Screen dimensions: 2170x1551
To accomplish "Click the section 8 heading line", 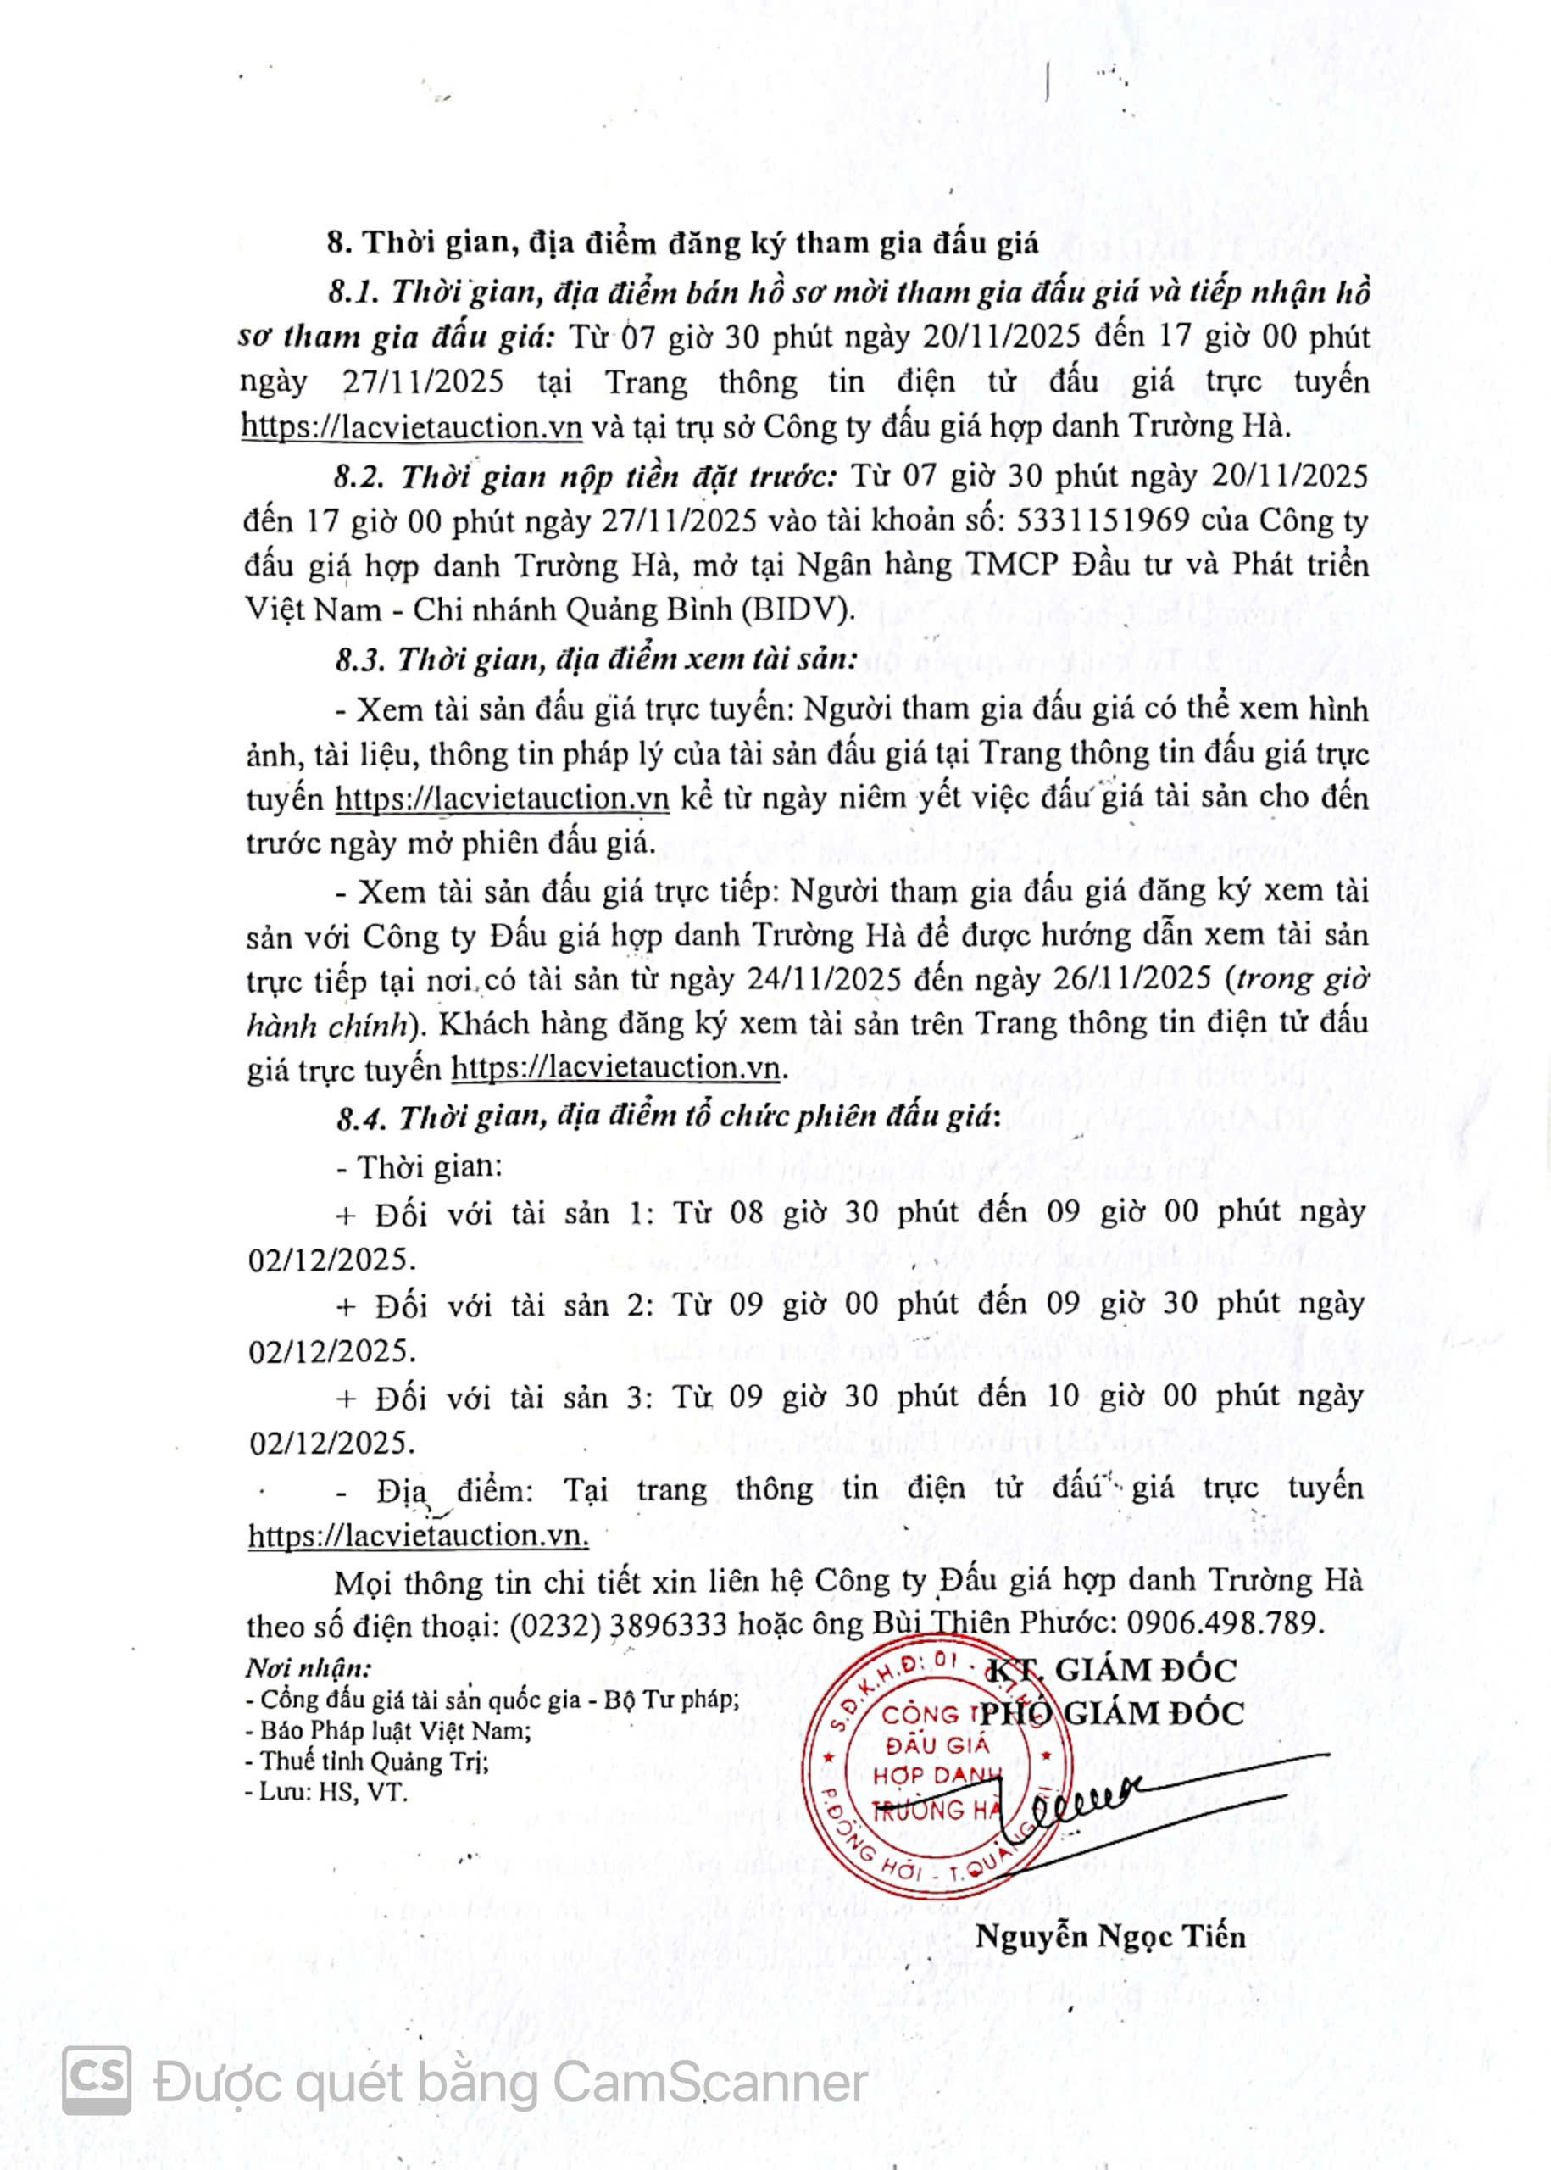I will (682, 242).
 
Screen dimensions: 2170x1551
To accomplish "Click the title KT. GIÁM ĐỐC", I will (1109, 1671).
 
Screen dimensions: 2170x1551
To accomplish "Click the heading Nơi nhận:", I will (308, 1668).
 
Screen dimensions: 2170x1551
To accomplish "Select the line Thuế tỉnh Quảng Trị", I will (368, 1761).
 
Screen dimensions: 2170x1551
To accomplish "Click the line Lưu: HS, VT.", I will (326, 1793).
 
